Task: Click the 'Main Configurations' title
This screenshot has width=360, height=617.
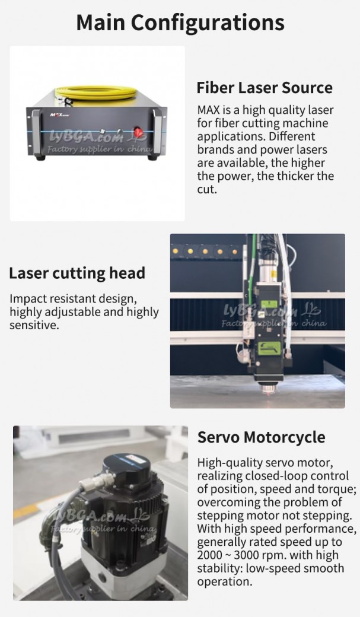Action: point(180,23)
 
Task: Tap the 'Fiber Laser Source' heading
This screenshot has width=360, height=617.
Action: point(265,87)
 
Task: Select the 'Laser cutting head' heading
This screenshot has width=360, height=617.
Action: point(77,273)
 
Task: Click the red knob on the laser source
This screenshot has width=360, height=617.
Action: point(138,132)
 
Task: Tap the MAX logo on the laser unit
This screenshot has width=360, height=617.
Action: point(58,115)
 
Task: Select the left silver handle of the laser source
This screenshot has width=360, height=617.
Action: point(36,132)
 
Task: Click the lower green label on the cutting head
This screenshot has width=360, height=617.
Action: point(269,348)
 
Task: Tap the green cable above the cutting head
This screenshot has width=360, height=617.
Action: point(253,260)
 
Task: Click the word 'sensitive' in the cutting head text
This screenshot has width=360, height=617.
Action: point(34,326)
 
